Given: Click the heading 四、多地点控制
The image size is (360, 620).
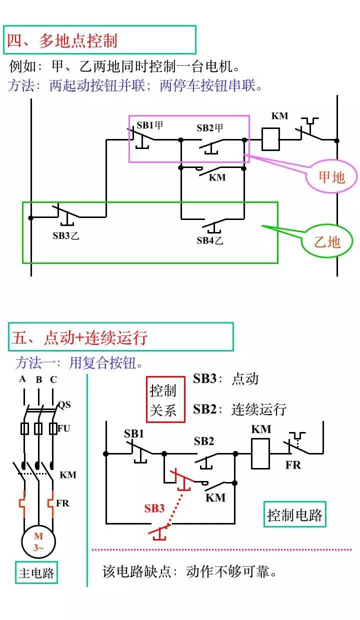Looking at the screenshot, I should click(62, 40).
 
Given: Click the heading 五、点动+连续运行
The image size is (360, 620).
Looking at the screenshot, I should click(80, 337).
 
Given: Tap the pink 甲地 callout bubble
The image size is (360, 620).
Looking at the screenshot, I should click(331, 176).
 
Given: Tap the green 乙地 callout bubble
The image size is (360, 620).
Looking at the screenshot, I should click(326, 242).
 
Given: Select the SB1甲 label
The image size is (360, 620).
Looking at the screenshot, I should click(150, 125).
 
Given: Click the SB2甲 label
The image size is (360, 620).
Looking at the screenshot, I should click(210, 128).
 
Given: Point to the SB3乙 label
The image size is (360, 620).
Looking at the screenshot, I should click(66, 235).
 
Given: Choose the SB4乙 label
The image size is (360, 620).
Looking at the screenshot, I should click(210, 240).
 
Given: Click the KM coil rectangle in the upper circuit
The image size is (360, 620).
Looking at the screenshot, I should click(270, 139).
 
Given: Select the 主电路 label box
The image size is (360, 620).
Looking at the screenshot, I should click(36, 572).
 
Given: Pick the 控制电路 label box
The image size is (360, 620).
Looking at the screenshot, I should click(295, 515).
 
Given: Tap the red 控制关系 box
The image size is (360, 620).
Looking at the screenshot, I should click(164, 400).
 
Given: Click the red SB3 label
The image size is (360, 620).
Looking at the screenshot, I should click(154, 508).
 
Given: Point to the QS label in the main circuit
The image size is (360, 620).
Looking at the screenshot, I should click(64, 404).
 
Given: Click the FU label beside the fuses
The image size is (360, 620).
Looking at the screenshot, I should click(64, 428).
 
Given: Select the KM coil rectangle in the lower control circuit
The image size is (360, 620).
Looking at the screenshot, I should click(260, 453).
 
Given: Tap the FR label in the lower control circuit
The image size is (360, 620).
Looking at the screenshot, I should click(293, 465).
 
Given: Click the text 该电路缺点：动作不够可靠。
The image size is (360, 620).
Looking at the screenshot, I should click(190, 571).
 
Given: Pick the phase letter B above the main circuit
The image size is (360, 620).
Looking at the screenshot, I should click(39, 380).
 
